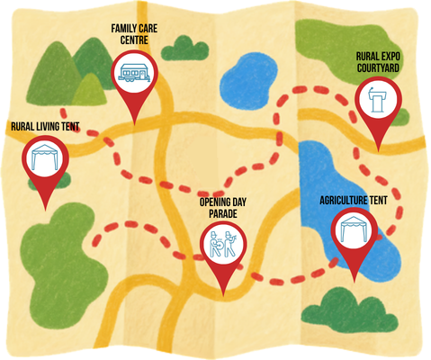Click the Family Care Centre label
[134, 34]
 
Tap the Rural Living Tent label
[45, 126]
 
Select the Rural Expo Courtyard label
[378, 62]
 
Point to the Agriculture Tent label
[354, 200]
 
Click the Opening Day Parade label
[223, 208]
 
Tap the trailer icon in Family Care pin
[135, 73]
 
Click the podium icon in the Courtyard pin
[378, 99]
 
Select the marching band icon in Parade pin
[223, 244]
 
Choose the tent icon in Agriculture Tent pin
[354, 229]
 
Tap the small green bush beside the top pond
[184, 49]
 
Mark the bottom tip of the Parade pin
[223, 296]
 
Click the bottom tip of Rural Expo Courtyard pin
[378, 151]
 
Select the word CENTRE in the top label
[134, 40]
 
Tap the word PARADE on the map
[223, 213]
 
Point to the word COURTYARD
[378, 67]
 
